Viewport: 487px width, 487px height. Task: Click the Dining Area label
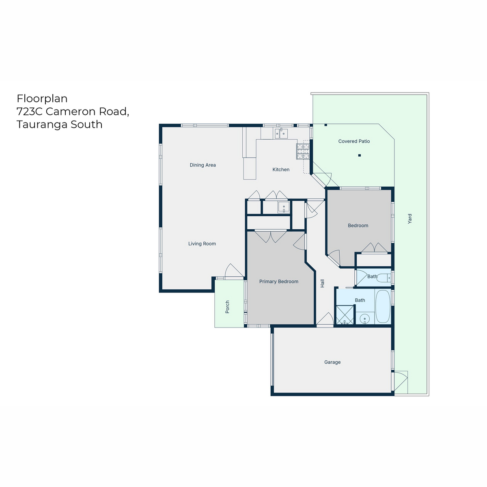[x=203, y=165]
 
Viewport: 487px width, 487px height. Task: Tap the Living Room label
[x=202, y=243]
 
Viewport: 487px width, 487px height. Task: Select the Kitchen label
[x=281, y=170]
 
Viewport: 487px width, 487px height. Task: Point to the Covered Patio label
[x=354, y=141]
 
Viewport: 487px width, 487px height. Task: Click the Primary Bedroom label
[x=278, y=282]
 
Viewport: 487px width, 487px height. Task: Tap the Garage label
[x=332, y=362]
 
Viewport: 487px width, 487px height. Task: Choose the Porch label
[x=227, y=307]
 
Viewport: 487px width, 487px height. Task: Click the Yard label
[x=409, y=219]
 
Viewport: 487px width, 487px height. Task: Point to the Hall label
[x=322, y=284]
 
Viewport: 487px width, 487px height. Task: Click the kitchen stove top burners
[x=303, y=151]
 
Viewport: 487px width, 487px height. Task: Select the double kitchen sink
[x=281, y=134]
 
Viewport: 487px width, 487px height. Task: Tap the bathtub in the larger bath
[x=383, y=306]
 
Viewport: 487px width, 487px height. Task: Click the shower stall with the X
[x=345, y=315]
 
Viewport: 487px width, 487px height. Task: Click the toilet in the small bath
[x=384, y=278]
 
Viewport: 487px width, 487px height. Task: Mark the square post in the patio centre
[x=360, y=155]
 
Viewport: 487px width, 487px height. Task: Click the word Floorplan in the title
[x=42, y=99]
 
